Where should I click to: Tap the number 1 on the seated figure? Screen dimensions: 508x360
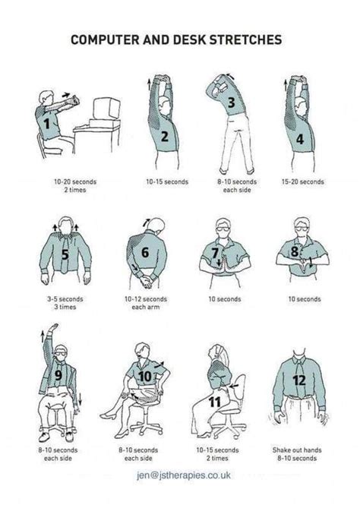click(46, 122)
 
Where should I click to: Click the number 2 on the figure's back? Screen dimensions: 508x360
click(163, 137)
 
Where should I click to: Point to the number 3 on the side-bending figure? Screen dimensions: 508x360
click(230, 103)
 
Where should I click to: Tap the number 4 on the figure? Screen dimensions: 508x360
click(300, 139)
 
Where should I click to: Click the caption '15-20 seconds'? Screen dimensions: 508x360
click(302, 181)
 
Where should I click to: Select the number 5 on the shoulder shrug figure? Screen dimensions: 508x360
click(65, 254)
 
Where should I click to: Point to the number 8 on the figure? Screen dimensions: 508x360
click(294, 251)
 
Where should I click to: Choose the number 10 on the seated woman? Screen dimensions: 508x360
click(146, 374)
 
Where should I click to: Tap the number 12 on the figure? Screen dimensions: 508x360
click(299, 379)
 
